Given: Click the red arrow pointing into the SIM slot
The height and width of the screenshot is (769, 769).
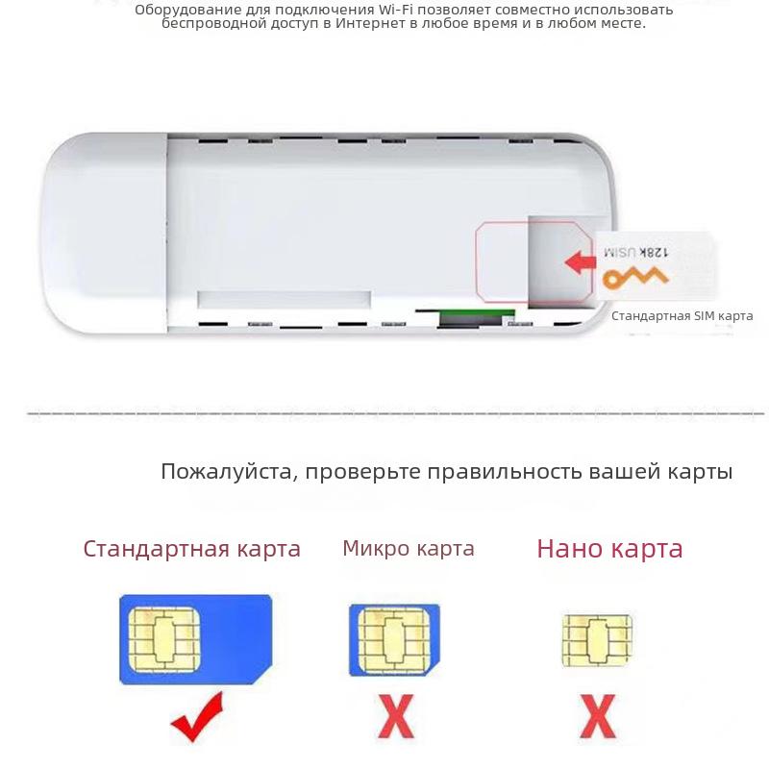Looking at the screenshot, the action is [x=581, y=262].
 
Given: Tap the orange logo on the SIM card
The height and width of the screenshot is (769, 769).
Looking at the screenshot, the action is [x=635, y=278].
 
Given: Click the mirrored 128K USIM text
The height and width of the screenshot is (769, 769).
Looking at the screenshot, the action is [x=635, y=252].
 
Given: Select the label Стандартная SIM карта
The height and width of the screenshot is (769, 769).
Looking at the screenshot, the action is [x=682, y=316].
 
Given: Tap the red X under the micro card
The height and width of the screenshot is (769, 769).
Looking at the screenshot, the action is [x=395, y=716].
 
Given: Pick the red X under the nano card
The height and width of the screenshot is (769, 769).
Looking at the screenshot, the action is [x=597, y=716].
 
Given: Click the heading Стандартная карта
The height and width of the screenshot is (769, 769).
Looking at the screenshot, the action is [x=191, y=549].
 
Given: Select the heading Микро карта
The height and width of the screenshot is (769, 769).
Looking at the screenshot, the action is [x=409, y=548].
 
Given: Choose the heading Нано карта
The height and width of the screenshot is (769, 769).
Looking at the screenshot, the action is [x=609, y=548].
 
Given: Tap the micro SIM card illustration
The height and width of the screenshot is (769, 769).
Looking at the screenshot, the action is [x=394, y=640].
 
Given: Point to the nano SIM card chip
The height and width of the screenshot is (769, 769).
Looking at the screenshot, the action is [x=597, y=640].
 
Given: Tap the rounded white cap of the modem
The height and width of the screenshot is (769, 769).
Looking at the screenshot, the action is [x=105, y=233].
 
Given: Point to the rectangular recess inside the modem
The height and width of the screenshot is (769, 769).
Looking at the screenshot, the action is [x=284, y=299].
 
